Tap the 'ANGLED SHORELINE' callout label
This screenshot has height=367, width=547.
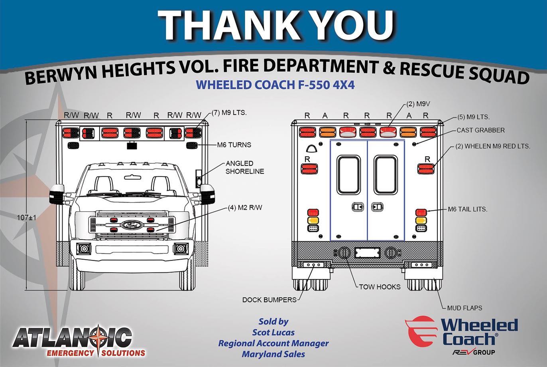[245, 167]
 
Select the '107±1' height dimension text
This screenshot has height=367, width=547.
[27, 217]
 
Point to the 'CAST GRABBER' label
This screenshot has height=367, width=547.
[480, 130]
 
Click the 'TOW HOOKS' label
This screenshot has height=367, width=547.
[380, 287]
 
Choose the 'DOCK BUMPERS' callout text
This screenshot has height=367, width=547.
[270, 300]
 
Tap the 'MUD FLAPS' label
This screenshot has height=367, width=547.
[465, 308]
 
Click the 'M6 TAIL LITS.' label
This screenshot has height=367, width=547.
[468, 209]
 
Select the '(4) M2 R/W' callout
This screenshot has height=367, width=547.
[245, 208]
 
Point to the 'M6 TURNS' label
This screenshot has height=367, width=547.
[234, 145]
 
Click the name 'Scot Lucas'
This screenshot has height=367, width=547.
[273, 333]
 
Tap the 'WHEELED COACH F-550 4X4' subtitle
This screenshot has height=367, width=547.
[275, 85]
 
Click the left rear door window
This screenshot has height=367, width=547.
[348, 175]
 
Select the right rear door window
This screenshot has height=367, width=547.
[386, 175]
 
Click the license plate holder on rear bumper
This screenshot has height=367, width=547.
[367, 253]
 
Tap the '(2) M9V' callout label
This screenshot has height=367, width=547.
[418, 104]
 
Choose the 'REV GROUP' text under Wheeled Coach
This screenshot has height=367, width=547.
[474, 352]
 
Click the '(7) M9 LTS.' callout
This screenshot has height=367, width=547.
[229, 113]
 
